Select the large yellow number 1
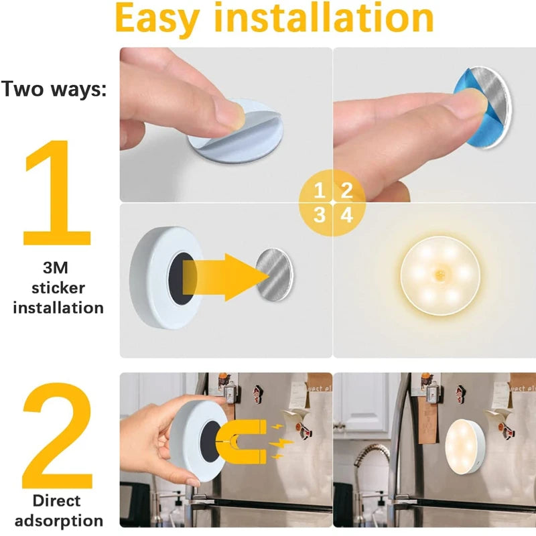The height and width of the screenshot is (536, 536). (x=57, y=194)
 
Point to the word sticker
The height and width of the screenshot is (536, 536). (x=58, y=289)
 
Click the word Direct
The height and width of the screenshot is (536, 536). (x=58, y=500)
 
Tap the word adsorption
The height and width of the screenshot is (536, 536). (x=58, y=521)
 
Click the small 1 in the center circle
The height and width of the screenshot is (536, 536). (x=320, y=190)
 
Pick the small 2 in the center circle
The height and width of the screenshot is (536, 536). (x=346, y=190)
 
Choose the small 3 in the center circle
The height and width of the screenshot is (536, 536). (x=320, y=215)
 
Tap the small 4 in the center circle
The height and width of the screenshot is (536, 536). (x=346, y=215)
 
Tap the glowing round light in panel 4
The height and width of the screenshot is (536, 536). (x=433, y=274)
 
